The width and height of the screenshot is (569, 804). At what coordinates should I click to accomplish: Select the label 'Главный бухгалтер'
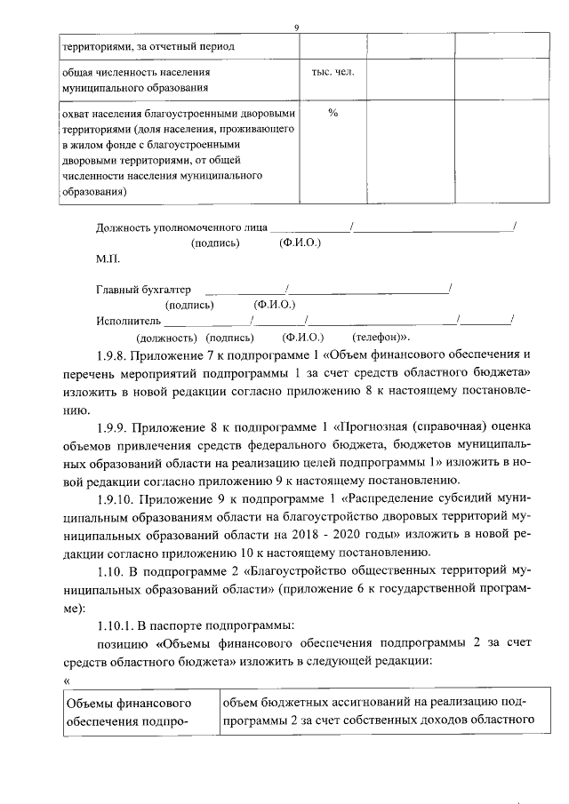coord(143,290)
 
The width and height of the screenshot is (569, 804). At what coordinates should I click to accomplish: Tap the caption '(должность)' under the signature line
coord(166,338)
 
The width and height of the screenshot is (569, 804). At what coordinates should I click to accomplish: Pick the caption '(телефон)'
coord(381,338)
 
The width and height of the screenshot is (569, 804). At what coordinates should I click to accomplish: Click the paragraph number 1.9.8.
coord(115,355)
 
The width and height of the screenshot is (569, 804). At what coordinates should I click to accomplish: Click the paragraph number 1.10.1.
coord(118,628)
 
